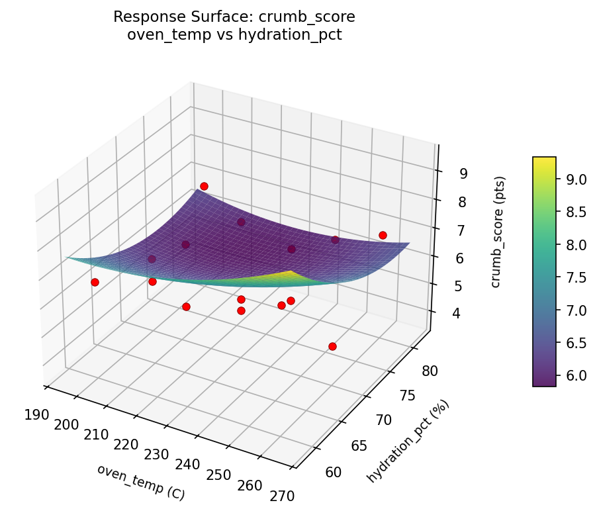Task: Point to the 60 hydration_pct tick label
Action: tap(335, 472)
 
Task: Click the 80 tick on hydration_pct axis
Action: tap(430, 371)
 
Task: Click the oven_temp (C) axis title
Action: tap(141, 482)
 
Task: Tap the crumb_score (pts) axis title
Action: tap(501, 232)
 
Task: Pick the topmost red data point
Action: tap(204, 186)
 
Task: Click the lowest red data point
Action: tap(332, 346)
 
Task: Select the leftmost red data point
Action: tap(95, 282)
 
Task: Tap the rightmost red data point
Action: tap(383, 235)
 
